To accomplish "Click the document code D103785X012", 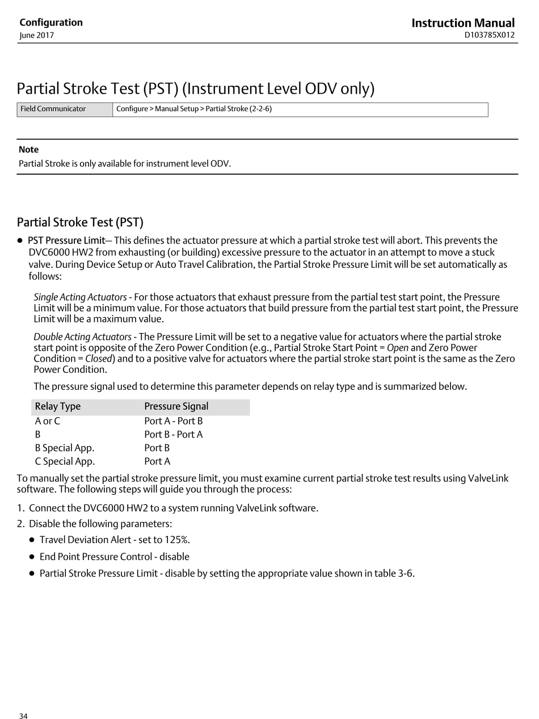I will point(489,35).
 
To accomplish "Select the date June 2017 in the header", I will point(37,35).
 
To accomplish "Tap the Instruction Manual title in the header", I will point(463,23).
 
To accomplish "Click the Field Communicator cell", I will point(53,109).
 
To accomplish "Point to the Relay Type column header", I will point(58,406).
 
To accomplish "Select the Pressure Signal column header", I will point(176,406).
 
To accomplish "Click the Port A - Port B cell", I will point(174,421).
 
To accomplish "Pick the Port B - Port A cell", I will point(174,435).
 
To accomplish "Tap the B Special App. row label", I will point(65,448).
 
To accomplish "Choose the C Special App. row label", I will point(65,461).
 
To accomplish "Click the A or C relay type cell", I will point(48,421).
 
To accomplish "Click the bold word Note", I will point(29,150).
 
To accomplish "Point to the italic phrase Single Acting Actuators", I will point(80,297).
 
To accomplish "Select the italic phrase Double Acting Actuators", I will point(83,337).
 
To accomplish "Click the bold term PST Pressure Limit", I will point(66,241).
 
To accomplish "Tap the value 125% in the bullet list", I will point(176,540).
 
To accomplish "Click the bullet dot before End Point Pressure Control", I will point(32,557).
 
